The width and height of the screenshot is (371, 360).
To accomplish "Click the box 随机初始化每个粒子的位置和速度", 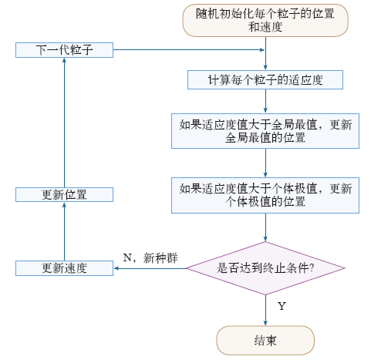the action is (x=265, y=20).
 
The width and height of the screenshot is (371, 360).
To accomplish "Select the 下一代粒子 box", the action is (x=64, y=50).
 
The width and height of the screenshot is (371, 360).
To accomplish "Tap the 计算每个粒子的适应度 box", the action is (x=265, y=80).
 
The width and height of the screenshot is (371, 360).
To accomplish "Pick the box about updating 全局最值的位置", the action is (x=265, y=131).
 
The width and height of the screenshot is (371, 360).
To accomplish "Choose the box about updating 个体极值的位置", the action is (x=265, y=195).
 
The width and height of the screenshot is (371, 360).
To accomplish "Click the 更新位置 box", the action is (x=64, y=195).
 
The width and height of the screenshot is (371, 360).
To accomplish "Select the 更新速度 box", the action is (x=64, y=268).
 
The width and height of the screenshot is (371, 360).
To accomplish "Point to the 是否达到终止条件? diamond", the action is (x=265, y=268).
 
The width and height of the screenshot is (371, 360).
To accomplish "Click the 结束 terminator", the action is (x=265, y=341).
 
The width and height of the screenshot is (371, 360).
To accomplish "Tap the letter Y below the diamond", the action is (x=282, y=306).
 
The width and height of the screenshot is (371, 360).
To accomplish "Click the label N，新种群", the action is (x=150, y=257).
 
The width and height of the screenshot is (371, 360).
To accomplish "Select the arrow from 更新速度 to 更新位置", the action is (x=64, y=231).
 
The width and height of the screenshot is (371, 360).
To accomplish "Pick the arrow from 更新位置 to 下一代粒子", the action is (x=64, y=123).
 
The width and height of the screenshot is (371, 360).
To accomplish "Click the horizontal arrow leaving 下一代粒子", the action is (x=189, y=50).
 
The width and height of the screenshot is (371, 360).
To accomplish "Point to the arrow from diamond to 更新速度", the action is (x=150, y=268).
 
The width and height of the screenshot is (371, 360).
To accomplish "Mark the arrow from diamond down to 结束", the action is (x=265, y=311).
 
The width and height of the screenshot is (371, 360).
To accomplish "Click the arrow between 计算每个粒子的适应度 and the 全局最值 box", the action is (x=265, y=101).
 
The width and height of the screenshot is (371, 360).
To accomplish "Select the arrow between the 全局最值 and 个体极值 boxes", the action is (x=265, y=163).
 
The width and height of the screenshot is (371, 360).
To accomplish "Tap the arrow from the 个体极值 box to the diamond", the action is (x=265, y=227).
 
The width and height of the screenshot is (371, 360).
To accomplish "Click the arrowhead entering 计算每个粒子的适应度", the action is (x=265, y=68).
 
